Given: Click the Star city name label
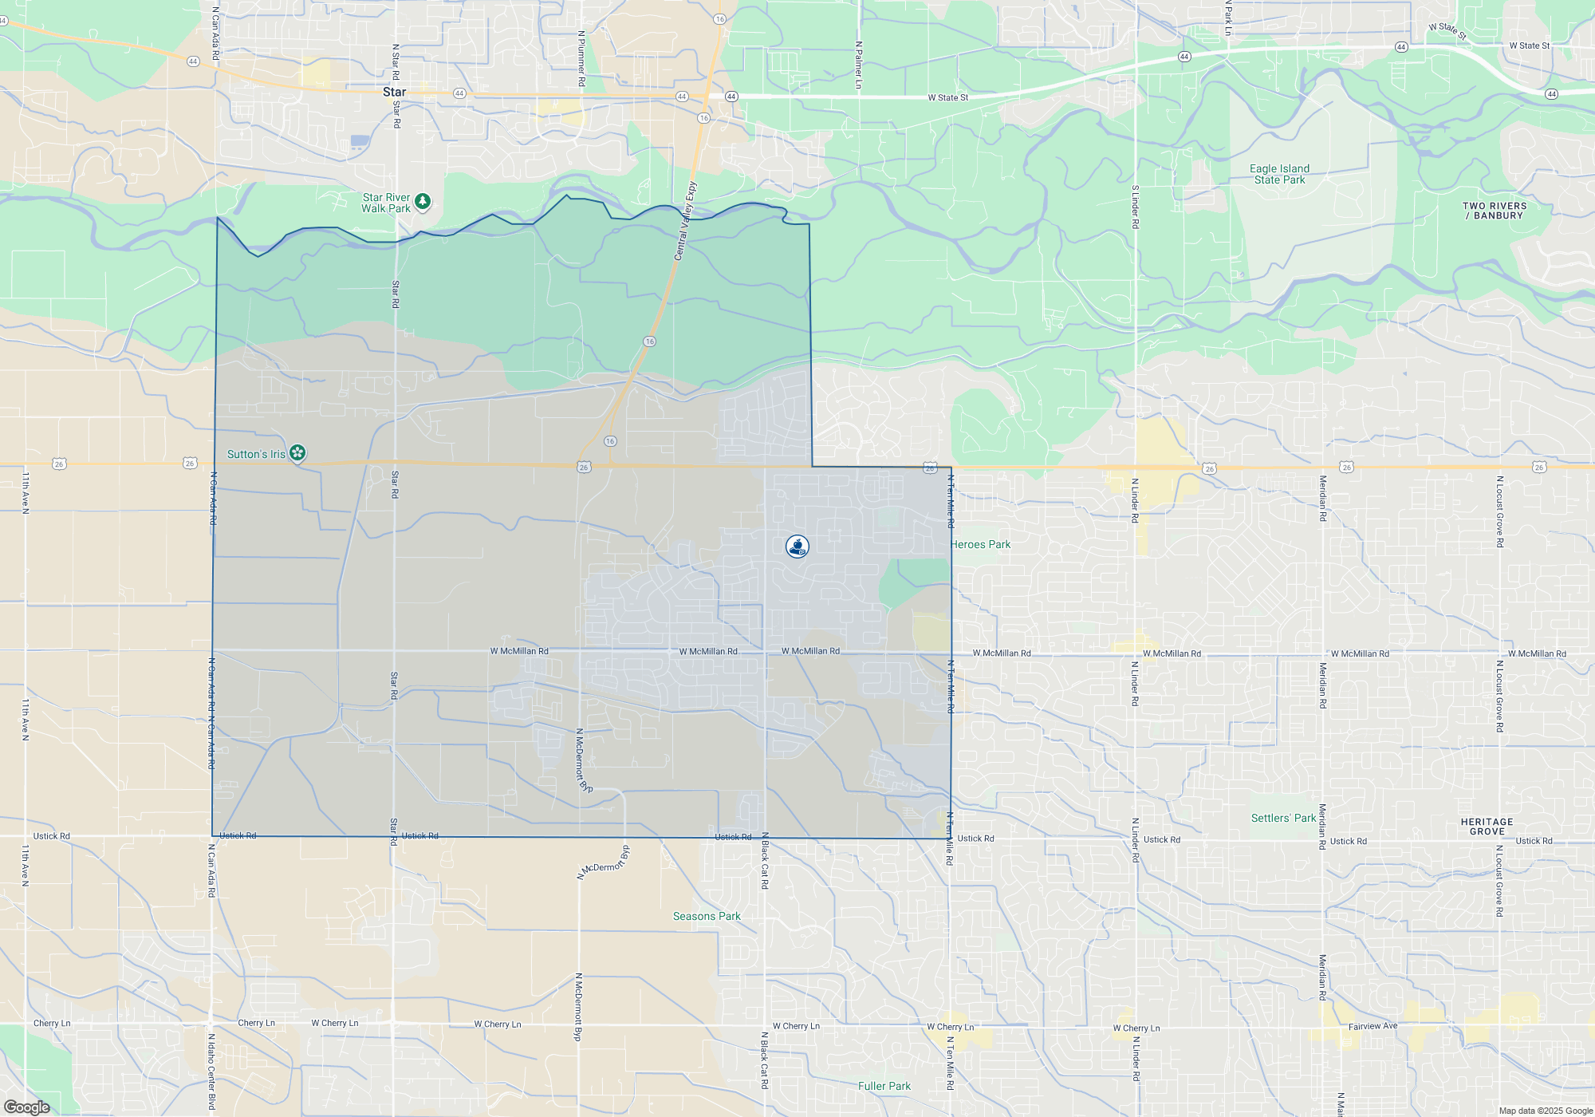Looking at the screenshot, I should click(394, 92).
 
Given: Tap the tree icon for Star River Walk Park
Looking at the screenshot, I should click(423, 201).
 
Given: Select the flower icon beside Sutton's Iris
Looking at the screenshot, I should click(297, 453).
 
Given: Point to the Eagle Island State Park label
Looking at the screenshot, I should click(1279, 174).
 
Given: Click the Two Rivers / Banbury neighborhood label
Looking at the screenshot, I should click(1494, 211).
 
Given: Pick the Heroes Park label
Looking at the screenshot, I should click(981, 544).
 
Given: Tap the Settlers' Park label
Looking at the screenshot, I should click(1283, 818).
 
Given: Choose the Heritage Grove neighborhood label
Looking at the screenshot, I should click(1487, 827).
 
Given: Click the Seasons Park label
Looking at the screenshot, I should click(707, 916).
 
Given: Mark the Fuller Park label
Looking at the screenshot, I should click(884, 1086).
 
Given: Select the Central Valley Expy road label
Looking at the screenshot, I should click(685, 221).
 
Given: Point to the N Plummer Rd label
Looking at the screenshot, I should click(581, 58).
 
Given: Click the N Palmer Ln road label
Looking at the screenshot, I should click(858, 65).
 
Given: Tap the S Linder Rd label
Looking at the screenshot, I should click(1135, 207).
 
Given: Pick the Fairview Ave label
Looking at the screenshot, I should click(1372, 1026).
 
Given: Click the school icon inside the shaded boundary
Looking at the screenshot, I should click(797, 547).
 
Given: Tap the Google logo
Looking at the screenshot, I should click(26, 1107).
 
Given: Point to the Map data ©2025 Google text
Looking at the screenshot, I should click(1545, 1111).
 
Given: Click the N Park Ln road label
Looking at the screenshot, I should click(1228, 18).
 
